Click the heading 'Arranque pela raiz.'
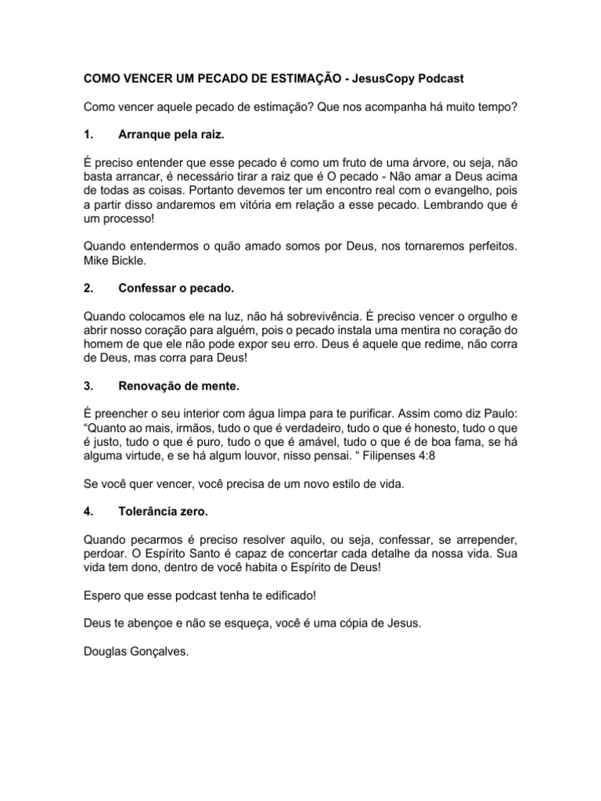pyautogui.click(x=171, y=135)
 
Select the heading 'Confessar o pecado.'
pyautogui.click(x=176, y=288)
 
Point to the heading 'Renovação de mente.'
pyautogui.click(x=179, y=386)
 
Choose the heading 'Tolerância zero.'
pyautogui.click(x=164, y=512)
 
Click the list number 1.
pyautogui.click(x=88, y=135)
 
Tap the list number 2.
pyautogui.click(x=88, y=288)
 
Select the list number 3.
pyautogui.click(x=88, y=386)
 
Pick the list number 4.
pyautogui.click(x=88, y=512)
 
